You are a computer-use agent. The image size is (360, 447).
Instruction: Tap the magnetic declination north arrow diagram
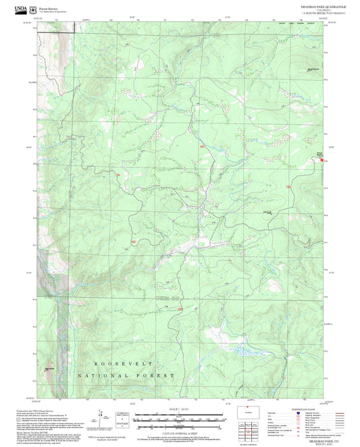(x=101, y=416)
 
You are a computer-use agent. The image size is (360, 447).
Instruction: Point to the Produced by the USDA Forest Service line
(x=34, y=409)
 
